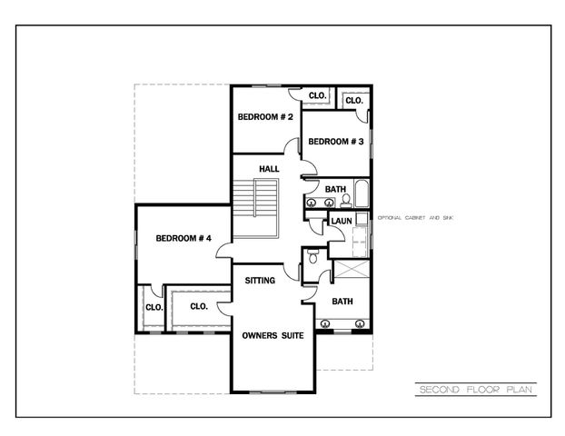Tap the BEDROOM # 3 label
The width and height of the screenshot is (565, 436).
pyautogui.click(x=336, y=142)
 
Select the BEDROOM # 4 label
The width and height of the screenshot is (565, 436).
pyautogui.click(x=183, y=238)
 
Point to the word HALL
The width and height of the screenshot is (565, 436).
pyautogui.click(x=269, y=170)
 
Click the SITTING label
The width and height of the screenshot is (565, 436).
pyautogui.click(x=260, y=281)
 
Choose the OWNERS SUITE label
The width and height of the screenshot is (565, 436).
pyautogui.click(x=273, y=334)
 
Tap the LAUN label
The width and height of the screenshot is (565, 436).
pyautogui.click(x=342, y=221)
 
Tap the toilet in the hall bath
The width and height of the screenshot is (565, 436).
pyautogui.click(x=333, y=202)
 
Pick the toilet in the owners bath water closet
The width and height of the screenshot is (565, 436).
pyautogui.click(x=313, y=257)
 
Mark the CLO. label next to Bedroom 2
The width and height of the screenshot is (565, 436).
pyautogui.click(x=317, y=95)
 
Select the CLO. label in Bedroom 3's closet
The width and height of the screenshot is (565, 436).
pyautogui.click(x=354, y=100)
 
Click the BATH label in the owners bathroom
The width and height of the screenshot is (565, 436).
pyautogui.click(x=342, y=302)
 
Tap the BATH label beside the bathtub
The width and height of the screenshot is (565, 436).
pyautogui.click(x=336, y=189)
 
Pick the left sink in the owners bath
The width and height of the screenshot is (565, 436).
pyautogui.click(x=325, y=322)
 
